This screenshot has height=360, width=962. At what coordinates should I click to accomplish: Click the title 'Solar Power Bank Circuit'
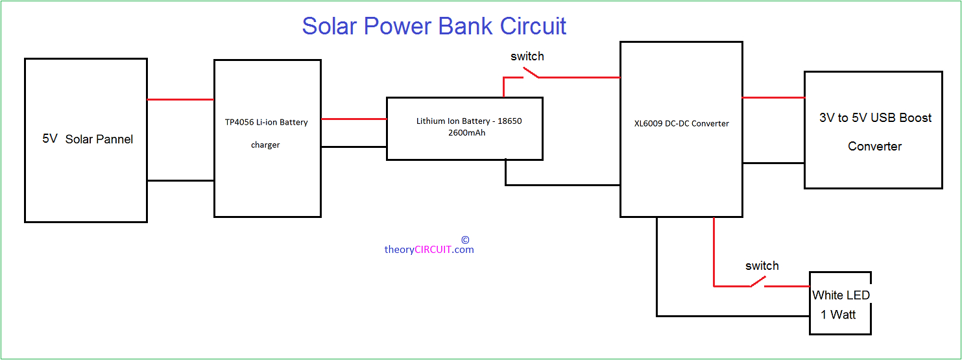click(x=434, y=27)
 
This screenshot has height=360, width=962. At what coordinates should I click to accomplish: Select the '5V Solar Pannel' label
click(x=88, y=139)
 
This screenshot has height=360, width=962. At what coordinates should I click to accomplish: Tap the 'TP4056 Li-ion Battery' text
click(x=266, y=122)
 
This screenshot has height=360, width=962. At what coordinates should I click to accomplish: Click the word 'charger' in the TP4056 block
click(x=265, y=145)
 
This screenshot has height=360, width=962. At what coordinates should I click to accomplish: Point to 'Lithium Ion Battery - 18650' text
click(x=469, y=121)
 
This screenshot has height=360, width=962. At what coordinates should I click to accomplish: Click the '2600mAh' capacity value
click(x=467, y=133)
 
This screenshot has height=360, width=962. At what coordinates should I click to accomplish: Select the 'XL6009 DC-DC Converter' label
click(x=682, y=124)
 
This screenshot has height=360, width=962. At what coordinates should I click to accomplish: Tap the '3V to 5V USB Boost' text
click(x=875, y=117)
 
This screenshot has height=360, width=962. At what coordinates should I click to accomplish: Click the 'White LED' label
click(x=841, y=295)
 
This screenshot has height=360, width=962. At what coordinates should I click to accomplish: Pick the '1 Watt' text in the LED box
click(x=838, y=315)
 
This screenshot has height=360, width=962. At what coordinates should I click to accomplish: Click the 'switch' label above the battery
click(x=527, y=56)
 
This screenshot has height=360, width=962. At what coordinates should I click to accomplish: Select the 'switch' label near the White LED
click(x=762, y=266)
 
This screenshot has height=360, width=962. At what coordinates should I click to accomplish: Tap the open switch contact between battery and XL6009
click(x=531, y=73)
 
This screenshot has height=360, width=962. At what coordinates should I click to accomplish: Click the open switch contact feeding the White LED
click(x=758, y=282)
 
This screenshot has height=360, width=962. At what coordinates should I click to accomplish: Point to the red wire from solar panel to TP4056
click(x=180, y=100)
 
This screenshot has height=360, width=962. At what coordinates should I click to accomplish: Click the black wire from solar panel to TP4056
click(x=180, y=180)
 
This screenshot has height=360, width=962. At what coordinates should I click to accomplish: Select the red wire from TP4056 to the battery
click(x=354, y=119)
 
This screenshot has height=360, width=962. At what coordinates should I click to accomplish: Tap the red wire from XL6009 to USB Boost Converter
click(x=773, y=97)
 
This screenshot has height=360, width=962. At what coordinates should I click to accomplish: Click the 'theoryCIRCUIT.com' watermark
click(x=429, y=250)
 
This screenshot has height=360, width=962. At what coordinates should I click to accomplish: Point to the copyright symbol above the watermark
click(x=465, y=240)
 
